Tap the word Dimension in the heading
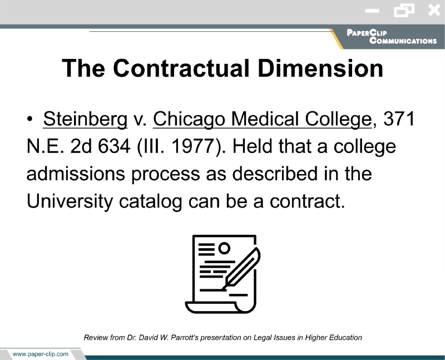(320, 68)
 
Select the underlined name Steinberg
(85, 119)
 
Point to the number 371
(399, 119)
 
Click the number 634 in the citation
(114, 146)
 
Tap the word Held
(253, 146)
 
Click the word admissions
(76, 174)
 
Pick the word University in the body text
(70, 201)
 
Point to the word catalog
(150, 201)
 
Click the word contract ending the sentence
(305, 201)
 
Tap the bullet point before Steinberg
(30, 119)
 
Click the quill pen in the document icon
(241, 268)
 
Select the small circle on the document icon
(224, 248)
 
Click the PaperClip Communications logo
(392, 37)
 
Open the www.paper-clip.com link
(41, 354)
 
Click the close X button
(434, 11)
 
